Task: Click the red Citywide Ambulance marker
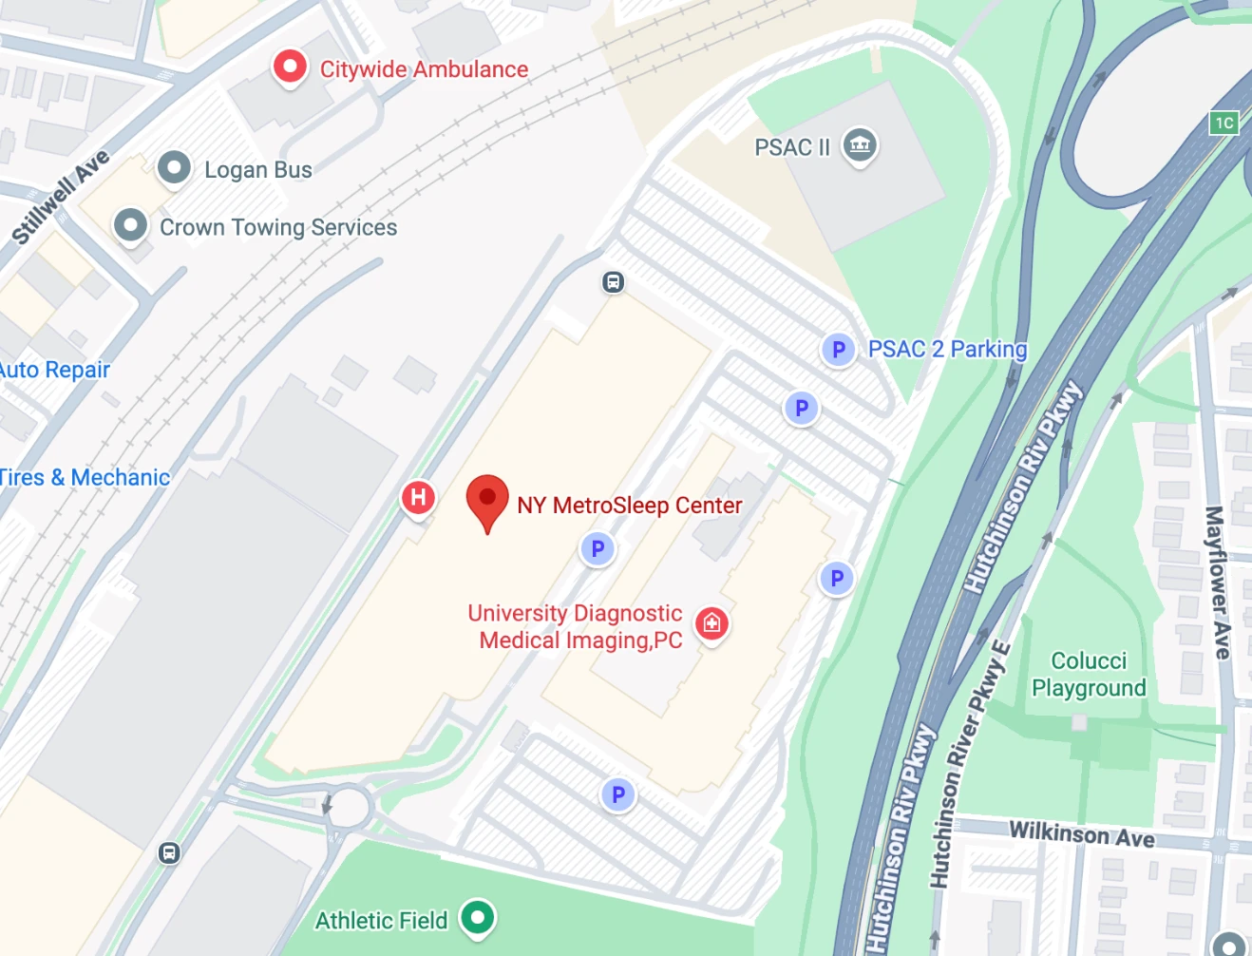click(290, 67)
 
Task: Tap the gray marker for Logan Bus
click(174, 168)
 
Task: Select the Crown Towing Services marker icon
click(130, 226)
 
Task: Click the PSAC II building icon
click(860, 145)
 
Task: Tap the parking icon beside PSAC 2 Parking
click(838, 350)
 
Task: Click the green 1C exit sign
click(1224, 123)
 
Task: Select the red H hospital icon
click(418, 497)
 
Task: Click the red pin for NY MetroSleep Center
click(487, 500)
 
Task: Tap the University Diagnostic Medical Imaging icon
click(711, 623)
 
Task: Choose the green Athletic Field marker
click(478, 918)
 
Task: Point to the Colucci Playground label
click(1089, 674)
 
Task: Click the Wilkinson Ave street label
click(1081, 834)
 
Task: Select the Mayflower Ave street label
click(1217, 582)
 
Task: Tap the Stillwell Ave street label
click(61, 197)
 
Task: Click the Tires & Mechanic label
click(84, 477)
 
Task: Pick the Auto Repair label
click(54, 370)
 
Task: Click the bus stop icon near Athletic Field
click(169, 852)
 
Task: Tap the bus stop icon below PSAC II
click(614, 282)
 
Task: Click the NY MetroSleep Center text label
click(629, 506)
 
